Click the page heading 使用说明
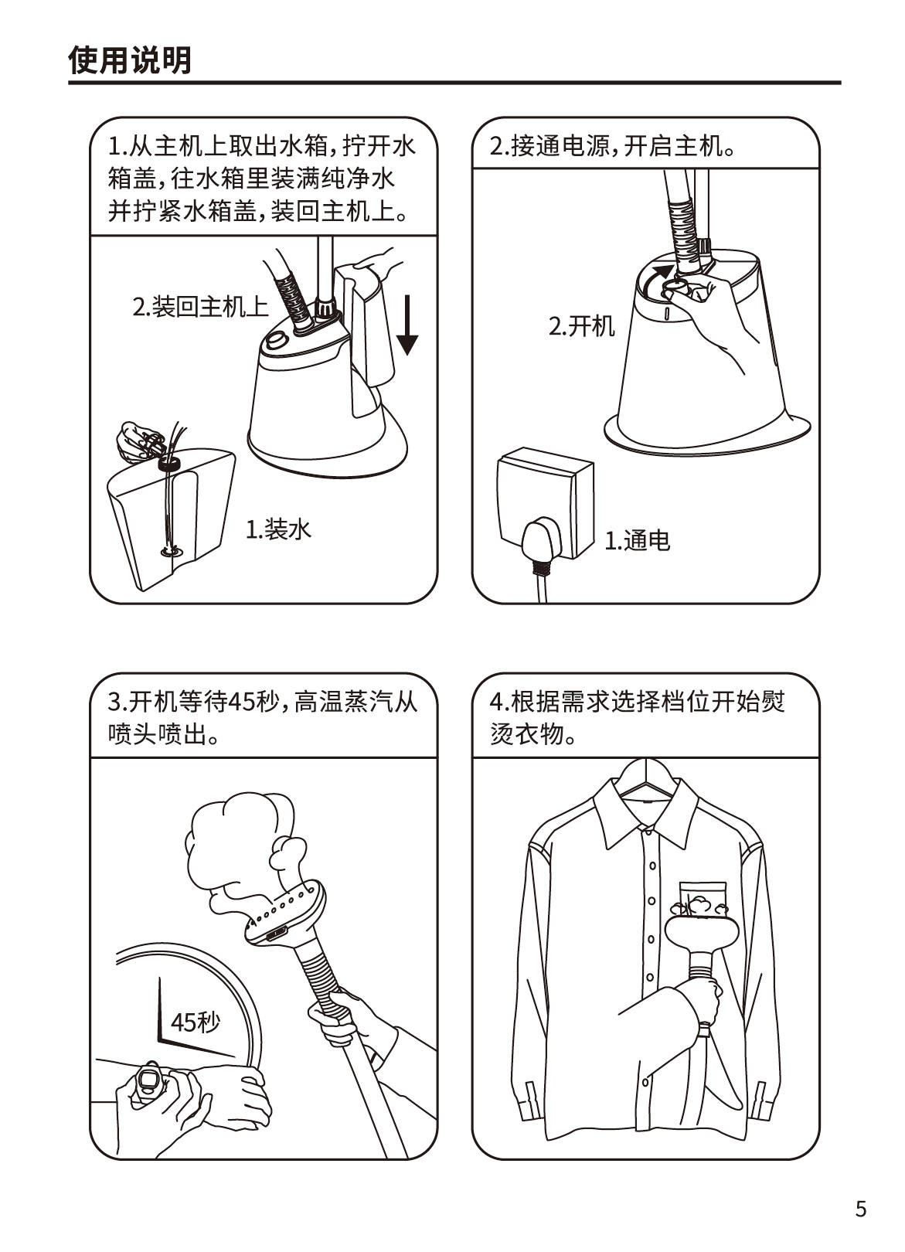pyautogui.click(x=130, y=60)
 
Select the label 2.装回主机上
pyautogui.click(x=200, y=307)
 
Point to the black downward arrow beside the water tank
pyautogui.click(x=409, y=325)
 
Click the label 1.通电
pyautogui.click(x=638, y=540)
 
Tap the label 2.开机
pyautogui.click(x=581, y=326)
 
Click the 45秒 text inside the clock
pyautogui.click(x=196, y=1022)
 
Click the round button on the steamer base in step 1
pyautogui.click(x=276, y=342)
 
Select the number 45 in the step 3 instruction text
pyautogui.click(x=241, y=702)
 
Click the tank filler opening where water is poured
pyautogui.click(x=168, y=463)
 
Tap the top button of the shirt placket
pyautogui.click(x=648, y=832)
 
